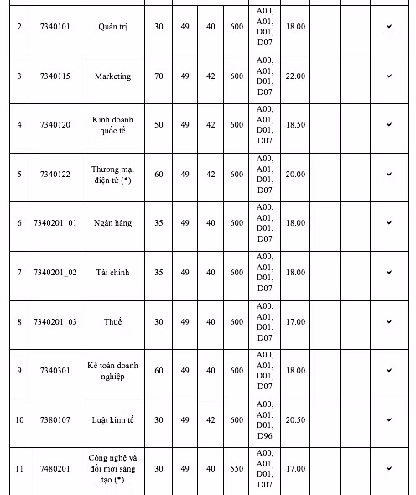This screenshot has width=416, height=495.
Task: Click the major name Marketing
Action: click(x=112, y=76)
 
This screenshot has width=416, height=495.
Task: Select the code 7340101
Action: click(x=55, y=28)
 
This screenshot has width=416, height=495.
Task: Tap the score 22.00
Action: click(x=295, y=76)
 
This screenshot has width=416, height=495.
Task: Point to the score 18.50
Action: click(x=295, y=125)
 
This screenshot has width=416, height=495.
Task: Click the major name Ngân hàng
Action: click(x=112, y=223)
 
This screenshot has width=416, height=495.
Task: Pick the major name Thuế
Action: click(x=112, y=321)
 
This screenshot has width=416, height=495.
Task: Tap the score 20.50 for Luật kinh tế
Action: click(x=295, y=419)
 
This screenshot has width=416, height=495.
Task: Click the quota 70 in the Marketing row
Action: click(x=159, y=76)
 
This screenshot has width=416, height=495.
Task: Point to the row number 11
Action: click(x=18, y=468)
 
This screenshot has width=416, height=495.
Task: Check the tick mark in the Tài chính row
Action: click(x=389, y=272)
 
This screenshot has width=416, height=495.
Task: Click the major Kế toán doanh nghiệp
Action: click(x=112, y=371)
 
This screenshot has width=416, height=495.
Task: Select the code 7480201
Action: click(x=55, y=468)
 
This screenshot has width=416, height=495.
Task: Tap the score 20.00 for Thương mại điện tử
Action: click(x=295, y=175)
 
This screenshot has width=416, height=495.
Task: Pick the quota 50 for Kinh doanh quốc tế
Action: click(x=159, y=125)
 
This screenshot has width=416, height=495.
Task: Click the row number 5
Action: click(x=18, y=175)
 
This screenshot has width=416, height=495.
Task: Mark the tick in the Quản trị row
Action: click(x=389, y=28)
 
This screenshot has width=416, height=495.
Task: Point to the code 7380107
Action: click(x=55, y=419)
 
